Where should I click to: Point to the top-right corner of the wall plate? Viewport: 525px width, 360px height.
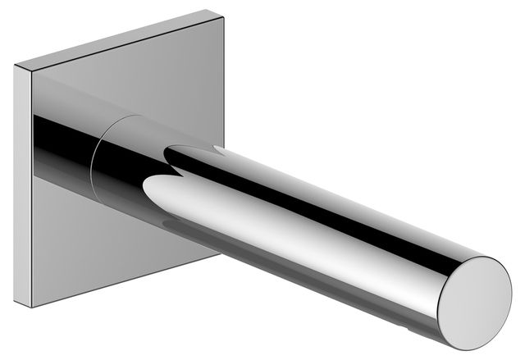pos(224,11)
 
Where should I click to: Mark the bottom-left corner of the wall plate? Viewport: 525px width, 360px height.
pos(34,308)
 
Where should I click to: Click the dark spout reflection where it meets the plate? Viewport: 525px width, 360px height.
pos(49,135)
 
